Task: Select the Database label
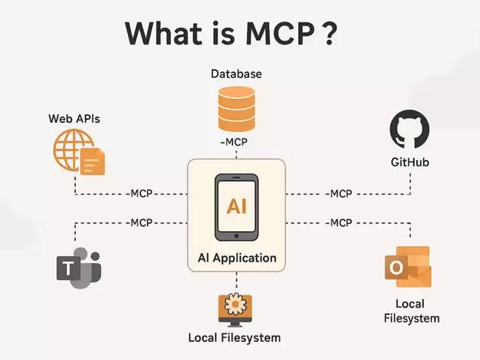pyautogui.click(x=236, y=73)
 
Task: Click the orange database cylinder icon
pyautogui.click(x=236, y=109)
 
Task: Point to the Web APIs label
pyautogui.click(x=74, y=119)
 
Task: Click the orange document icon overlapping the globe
pyautogui.click(x=92, y=161)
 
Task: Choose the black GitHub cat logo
pyautogui.click(x=409, y=129)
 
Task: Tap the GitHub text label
pyautogui.click(x=410, y=162)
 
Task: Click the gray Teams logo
pyautogui.click(x=79, y=268)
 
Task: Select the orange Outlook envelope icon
pyautogui.click(x=408, y=267)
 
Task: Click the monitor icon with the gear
pyautogui.click(x=235, y=310)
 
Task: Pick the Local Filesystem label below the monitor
pyautogui.click(x=234, y=337)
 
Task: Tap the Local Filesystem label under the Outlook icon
pyautogui.click(x=412, y=311)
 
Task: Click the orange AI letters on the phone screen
pyautogui.click(x=236, y=206)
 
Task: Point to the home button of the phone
pyautogui.click(x=236, y=236)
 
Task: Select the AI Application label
pyautogui.click(x=237, y=258)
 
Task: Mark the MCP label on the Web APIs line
pyautogui.click(x=141, y=193)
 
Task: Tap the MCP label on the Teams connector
pyautogui.click(x=141, y=223)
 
